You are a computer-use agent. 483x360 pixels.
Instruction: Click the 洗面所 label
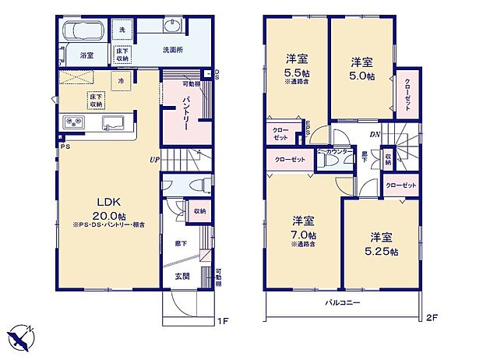tap(173, 50)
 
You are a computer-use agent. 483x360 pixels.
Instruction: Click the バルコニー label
tap(342, 304)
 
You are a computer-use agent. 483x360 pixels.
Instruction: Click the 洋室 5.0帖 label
tap(360, 69)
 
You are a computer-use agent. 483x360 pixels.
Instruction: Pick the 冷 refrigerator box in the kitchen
tap(121, 80)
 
